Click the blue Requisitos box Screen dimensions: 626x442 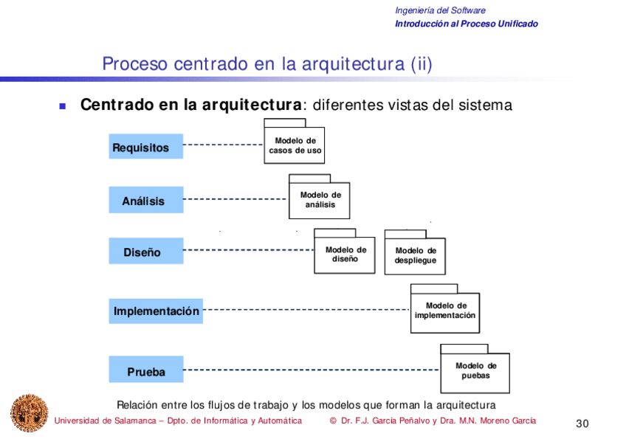(x=146, y=147)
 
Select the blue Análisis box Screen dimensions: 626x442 (x=146, y=200)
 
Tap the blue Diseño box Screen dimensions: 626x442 (x=146, y=252)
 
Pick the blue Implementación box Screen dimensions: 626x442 (x=156, y=311)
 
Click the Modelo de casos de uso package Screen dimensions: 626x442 (x=295, y=145)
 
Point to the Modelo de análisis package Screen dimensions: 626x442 (x=320, y=200)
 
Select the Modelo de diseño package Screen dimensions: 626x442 (x=345, y=255)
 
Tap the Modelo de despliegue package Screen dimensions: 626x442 (x=415, y=256)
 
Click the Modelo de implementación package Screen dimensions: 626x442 (x=444, y=311)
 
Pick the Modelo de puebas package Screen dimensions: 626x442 (x=475, y=370)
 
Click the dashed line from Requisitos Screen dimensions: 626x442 (x=223, y=145)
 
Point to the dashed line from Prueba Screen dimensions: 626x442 (x=310, y=370)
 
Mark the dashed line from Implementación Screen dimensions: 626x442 (x=306, y=310)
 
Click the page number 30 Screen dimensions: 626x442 (x=582, y=423)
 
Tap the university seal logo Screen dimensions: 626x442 (x=28, y=413)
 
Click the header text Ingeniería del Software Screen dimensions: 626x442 (x=440, y=10)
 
